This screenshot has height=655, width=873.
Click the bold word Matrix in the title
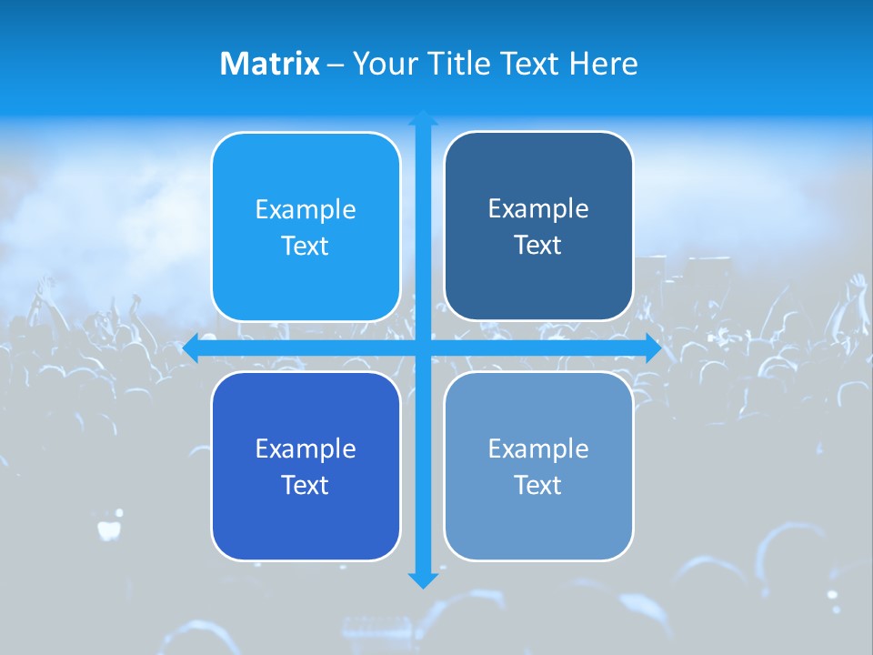269,64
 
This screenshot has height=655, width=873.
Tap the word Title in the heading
459,64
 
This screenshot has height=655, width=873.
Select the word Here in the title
603,64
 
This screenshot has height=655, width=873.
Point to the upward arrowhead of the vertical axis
423,118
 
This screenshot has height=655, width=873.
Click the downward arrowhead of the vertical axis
423,580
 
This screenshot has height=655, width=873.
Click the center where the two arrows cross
423,348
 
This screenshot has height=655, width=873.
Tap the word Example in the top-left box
306,210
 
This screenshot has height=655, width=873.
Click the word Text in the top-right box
538,246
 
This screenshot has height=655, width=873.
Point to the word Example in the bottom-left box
306,448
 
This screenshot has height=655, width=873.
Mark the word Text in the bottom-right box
538,485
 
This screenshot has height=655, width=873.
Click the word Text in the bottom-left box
306,485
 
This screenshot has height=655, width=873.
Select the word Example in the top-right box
538,209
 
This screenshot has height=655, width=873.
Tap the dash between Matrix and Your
336,65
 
